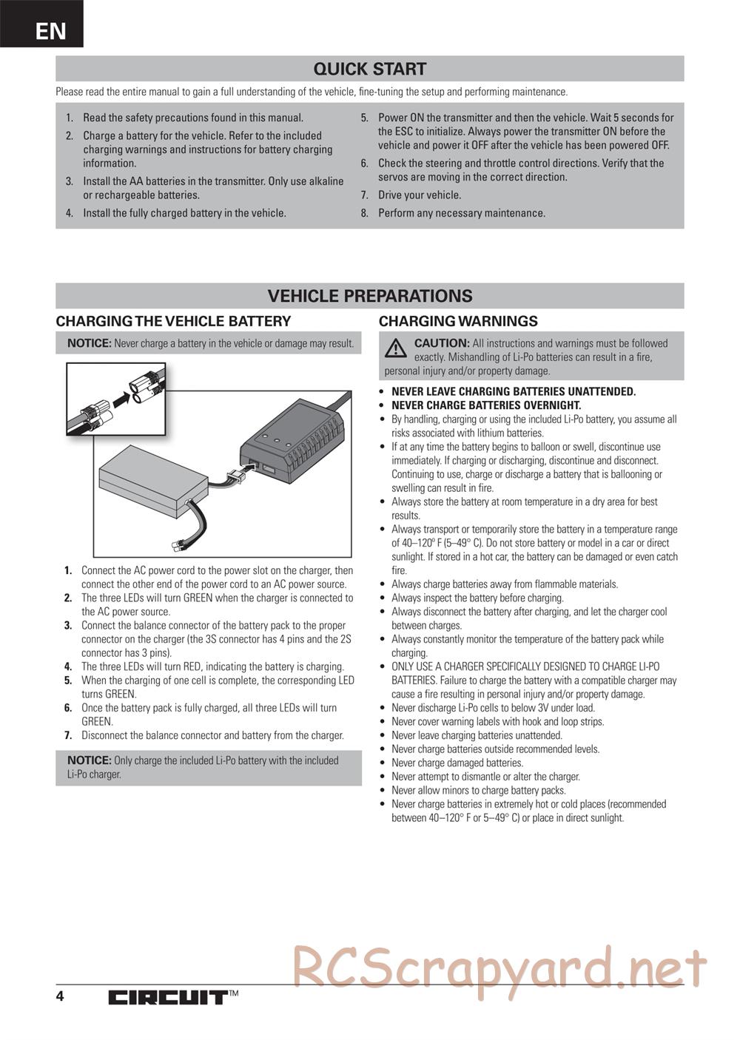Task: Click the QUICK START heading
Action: pyautogui.click(x=369, y=69)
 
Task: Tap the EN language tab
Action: pyautogui.click(x=50, y=31)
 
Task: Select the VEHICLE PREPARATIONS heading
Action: pyautogui.click(x=369, y=296)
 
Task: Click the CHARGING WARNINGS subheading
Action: pyautogui.click(x=458, y=321)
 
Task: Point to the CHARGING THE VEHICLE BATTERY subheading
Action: pyautogui.click(x=173, y=321)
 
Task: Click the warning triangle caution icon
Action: pyautogui.click(x=396, y=347)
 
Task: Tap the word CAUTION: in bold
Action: pyautogui.click(x=442, y=343)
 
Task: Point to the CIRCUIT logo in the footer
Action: pyautogui.click(x=167, y=998)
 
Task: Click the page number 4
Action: pyautogui.click(x=60, y=996)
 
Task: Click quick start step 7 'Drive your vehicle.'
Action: pyautogui.click(x=419, y=195)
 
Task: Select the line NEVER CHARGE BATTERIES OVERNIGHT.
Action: pyautogui.click(x=485, y=405)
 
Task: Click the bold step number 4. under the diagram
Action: pyautogui.click(x=68, y=666)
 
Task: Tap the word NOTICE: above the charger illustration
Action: pyautogui.click(x=89, y=343)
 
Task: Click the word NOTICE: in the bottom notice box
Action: pyautogui.click(x=89, y=760)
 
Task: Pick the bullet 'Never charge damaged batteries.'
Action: pyautogui.click(x=457, y=763)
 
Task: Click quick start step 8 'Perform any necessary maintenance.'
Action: pyautogui.click(x=461, y=213)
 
